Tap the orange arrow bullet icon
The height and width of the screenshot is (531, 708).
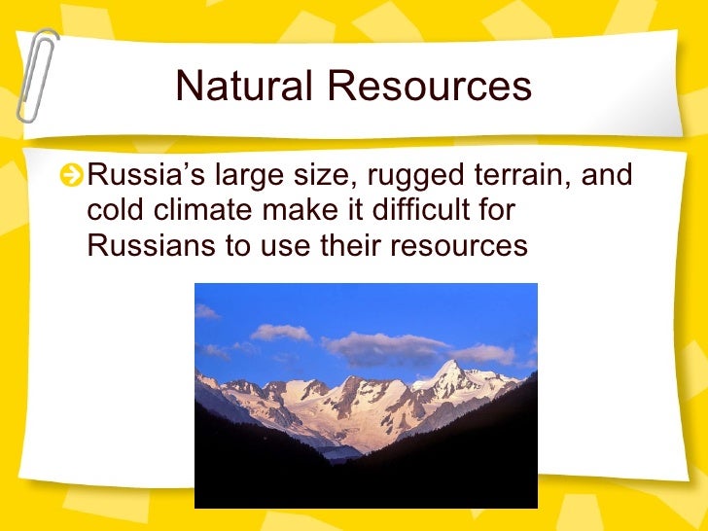click(70, 177)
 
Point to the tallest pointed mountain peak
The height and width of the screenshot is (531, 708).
click(451, 368)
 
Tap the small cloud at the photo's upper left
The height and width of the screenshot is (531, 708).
click(206, 311)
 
